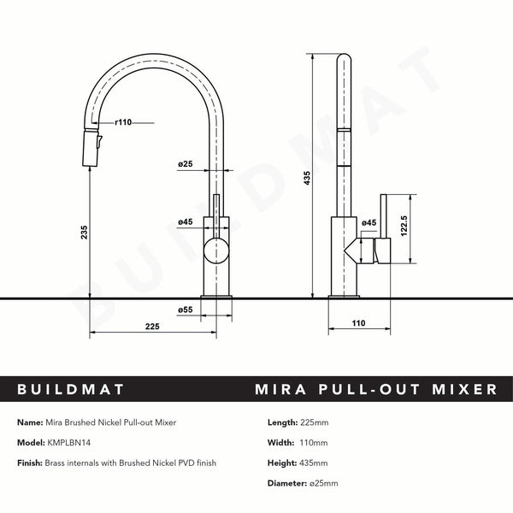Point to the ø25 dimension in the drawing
pyautogui.click(x=186, y=163)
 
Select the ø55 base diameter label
pyautogui.click(x=186, y=309)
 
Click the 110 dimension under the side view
pyautogui.click(x=357, y=324)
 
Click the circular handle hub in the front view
pyautogui.click(x=216, y=251)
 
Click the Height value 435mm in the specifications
pyautogui.click(x=315, y=463)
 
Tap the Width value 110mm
pyautogui.click(x=315, y=443)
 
